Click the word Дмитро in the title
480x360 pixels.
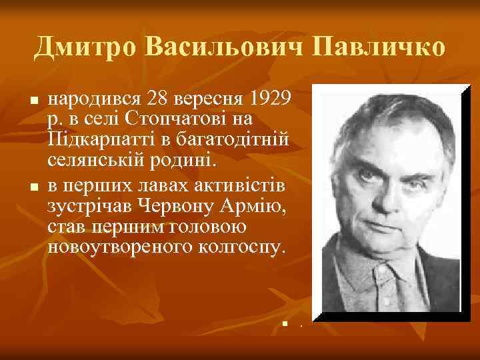pos(83,47)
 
